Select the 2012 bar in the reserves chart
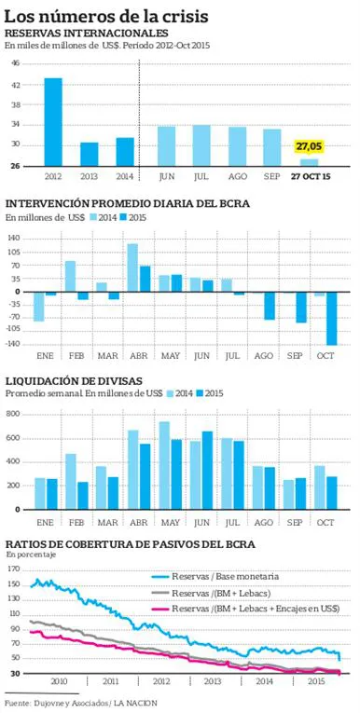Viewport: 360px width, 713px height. [x=53, y=122]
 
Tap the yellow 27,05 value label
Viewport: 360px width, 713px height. [x=309, y=146]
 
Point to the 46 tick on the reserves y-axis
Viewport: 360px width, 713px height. [x=15, y=63]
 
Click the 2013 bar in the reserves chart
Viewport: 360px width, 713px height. [x=89, y=154]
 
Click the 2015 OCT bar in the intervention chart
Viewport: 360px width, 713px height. [x=331, y=318]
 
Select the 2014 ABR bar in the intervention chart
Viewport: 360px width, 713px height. [x=132, y=267]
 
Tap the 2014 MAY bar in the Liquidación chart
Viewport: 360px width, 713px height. [x=164, y=465]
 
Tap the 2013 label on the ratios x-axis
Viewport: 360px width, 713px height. [x=212, y=681]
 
